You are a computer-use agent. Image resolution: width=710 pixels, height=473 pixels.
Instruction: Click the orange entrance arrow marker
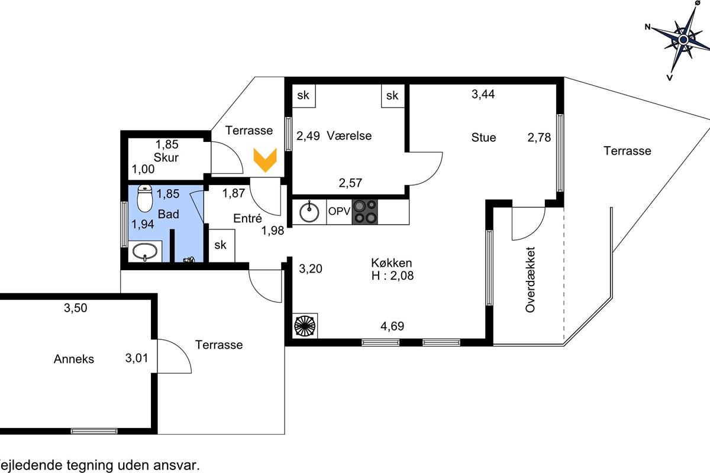pos(265,160)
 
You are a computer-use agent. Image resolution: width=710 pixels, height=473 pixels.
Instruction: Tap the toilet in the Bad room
pos(145,198)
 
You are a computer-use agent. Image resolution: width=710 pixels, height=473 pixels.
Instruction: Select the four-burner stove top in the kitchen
pos(364,212)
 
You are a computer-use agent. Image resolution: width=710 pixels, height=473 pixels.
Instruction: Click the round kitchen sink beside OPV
pos(309,212)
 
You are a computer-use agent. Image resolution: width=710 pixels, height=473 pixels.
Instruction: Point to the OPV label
pos(339,211)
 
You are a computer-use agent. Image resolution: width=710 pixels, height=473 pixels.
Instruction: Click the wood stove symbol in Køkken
pos(305,325)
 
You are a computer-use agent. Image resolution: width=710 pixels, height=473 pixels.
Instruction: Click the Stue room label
pos(483,138)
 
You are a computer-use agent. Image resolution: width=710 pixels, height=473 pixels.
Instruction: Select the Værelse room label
pos(349,135)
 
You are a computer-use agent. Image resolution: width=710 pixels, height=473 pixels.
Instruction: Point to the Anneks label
pos(74,359)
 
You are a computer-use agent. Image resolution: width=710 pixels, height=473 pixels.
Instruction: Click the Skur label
pos(166,157)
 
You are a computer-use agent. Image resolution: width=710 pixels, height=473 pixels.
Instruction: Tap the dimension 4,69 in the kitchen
pos(392,326)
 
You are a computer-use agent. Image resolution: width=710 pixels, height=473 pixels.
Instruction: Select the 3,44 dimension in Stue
pos(483,94)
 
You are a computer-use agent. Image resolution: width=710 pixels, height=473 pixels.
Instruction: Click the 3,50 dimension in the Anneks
pos(76,307)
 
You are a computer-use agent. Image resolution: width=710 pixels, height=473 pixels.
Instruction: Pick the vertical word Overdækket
pos(530,280)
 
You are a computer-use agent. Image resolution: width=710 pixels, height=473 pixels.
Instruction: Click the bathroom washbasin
pos(145,251)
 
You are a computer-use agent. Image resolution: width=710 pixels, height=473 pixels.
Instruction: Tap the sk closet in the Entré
pos(221,245)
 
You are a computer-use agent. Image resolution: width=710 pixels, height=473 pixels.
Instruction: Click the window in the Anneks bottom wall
pos(94,431)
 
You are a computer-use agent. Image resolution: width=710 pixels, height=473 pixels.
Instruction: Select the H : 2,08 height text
pos(392,276)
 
